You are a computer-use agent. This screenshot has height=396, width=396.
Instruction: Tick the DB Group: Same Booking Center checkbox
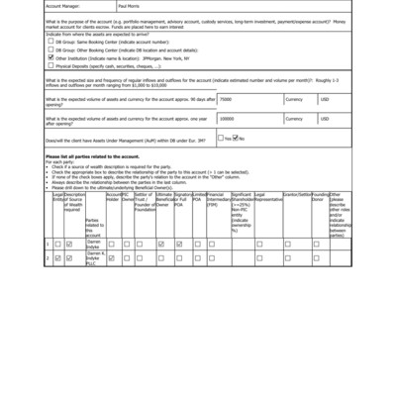click(x=50, y=42)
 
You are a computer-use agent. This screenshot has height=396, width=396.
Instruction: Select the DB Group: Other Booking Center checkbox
click(x=50, y=49)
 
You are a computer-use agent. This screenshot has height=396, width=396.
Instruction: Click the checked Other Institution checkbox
click(x=50, y=57)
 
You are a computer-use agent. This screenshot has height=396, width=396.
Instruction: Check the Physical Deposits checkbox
click(x=50, y=66)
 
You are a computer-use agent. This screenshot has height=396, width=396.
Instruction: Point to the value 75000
click(x=227, y=100)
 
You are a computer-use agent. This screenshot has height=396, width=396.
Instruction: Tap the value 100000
click(x=228, y=118)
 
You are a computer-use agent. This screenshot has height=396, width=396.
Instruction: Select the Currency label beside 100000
click(x=294, y=118)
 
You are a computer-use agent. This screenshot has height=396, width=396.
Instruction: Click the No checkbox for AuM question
click(x=236, y=138)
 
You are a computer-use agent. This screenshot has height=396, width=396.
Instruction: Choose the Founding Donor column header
click(x=320, y=198)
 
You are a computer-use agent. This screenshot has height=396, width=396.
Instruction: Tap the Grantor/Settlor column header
click(x=296, y=195)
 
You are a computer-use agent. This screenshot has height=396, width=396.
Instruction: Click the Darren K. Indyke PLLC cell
click(x=94, y=260)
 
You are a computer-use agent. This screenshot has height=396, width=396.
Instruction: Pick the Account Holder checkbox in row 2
click(x=111, y=258)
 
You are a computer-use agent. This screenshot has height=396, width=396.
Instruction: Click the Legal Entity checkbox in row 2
click(x=57, y=258)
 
